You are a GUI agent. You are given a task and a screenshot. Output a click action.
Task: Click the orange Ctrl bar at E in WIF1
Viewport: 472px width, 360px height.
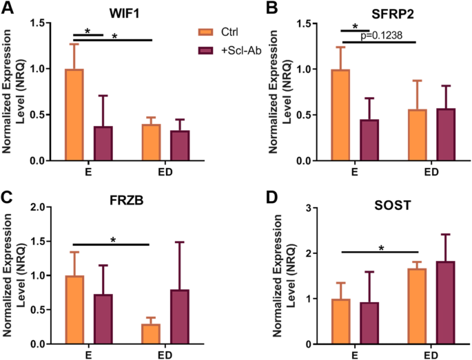pos(74,115)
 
